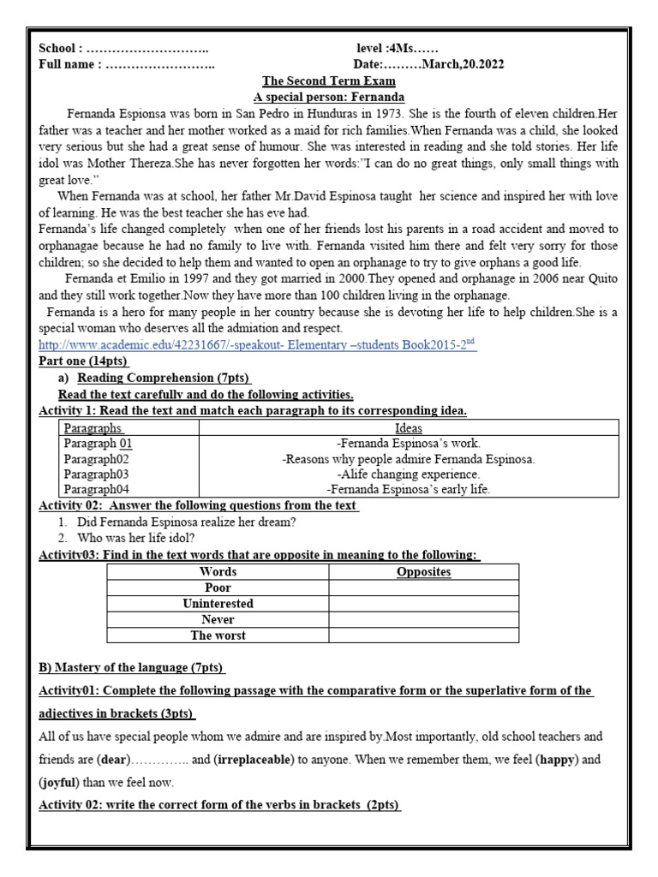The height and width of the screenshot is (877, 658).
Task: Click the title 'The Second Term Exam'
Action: coord(328,81)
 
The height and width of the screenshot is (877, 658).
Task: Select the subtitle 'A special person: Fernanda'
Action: coord(328,97)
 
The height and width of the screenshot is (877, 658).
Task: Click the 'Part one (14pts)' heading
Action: coord(90,361)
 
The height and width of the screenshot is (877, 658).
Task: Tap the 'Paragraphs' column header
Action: coord(93,427)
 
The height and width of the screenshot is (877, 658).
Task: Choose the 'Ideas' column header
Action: coord(408,427)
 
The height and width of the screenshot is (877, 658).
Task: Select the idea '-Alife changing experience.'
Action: coord(408,474)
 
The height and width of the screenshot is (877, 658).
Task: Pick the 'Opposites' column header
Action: coord(424,571)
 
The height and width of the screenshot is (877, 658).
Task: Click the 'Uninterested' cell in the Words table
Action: coord(218,604)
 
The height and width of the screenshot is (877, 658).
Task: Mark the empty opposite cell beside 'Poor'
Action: coord(424,588)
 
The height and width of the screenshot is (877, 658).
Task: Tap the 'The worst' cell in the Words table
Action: coord(218,635)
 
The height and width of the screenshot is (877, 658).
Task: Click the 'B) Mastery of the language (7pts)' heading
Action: coord(133,667)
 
